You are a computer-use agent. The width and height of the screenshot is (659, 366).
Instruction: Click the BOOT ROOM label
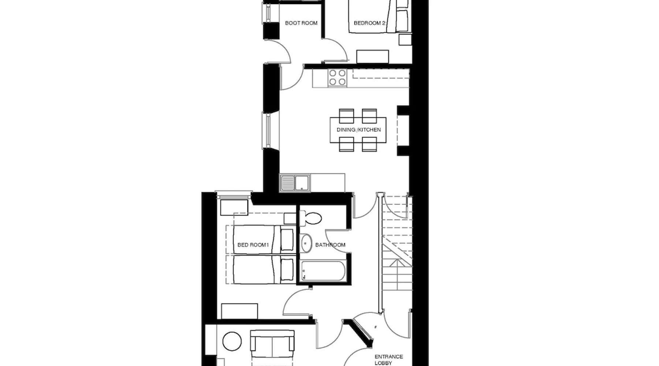coord(301,23)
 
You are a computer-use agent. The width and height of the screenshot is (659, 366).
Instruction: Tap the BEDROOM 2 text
coord(369,23)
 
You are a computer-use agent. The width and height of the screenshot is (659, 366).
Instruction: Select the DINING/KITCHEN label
coord(358,130)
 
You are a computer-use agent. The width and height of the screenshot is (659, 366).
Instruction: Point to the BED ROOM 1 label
coord(253,245)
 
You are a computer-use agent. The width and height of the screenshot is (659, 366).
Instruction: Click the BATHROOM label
coord(330,245)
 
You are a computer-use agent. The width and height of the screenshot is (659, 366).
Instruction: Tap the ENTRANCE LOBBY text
coord(388,360)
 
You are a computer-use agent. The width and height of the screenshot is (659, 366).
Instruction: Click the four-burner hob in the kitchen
coord(337,78)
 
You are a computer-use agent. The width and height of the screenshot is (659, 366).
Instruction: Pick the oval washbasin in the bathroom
coord(306,243)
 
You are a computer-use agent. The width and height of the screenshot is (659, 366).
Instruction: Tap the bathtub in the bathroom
coord(322,271)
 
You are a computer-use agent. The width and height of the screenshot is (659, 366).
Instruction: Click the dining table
coord(358,130)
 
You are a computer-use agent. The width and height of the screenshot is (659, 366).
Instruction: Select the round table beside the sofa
coord(232,341)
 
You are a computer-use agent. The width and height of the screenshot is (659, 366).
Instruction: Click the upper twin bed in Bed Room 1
coord(263,240)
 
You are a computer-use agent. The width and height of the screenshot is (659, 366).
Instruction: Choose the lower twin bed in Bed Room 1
coord(263,269)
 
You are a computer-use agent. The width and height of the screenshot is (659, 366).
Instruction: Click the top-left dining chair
coord(346,116)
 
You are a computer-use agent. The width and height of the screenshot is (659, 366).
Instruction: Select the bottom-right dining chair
coord(369,144)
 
